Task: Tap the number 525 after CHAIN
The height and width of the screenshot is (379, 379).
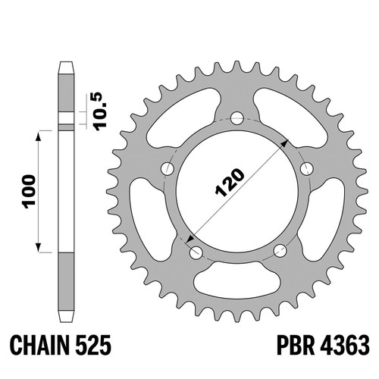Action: (93, 345)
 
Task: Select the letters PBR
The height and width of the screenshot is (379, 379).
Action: (296, 345)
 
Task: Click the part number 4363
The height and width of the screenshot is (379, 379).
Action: (345, 345)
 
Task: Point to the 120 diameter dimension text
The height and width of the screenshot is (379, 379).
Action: (230, 183)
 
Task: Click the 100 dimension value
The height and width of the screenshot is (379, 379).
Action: (29, 191)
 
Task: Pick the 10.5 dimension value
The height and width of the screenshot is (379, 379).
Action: (100, 111)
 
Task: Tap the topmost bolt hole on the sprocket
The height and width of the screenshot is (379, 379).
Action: (237, 117)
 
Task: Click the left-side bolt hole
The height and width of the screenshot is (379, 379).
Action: (168, 168)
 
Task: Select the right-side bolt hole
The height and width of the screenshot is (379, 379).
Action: (307, 168)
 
